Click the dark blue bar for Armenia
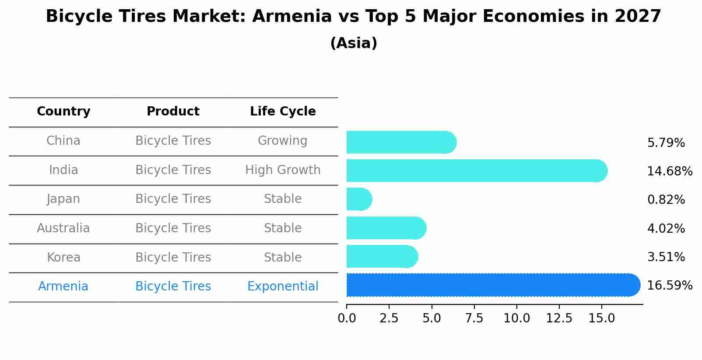coord(490,285)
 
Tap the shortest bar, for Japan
coord(358,199)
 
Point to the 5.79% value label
coord(666,143)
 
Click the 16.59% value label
coord(669,286)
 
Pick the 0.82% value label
coord(666,200)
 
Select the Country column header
coord(63,112)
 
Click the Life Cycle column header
coord(283,112)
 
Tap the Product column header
coord(173,112)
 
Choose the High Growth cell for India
coord(283,170)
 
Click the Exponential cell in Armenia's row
coord(283,287)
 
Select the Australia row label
coord(63,228)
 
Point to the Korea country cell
coord(63,258)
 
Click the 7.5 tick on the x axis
coord(474,318)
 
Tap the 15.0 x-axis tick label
coord(601,318)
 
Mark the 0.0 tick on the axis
coord(347,318)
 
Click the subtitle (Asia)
coord(353,43)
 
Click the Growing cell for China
coord(283,141)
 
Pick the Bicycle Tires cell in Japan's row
coord(173,199)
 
